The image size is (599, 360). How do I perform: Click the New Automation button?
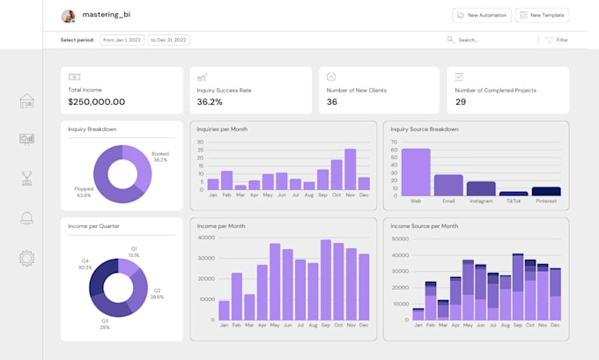[x=481, y=15]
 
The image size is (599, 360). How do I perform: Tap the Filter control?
[x=556, y=40]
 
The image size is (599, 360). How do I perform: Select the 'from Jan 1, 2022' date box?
[x=122, y=40]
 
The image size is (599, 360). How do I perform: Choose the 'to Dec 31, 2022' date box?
[x=169, y=40]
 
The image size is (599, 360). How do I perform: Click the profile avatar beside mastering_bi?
[x=68, y=16]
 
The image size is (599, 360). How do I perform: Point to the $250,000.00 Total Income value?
[x=96, y=102]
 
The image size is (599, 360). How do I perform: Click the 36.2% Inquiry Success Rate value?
[x=210, y=102]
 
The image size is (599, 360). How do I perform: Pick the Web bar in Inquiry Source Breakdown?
[x=416, y=172]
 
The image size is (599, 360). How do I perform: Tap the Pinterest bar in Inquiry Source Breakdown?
[x=546, y=191]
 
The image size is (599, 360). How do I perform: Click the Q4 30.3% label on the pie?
[x=85, y=264]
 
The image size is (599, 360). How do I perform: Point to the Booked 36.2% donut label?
[x=159, y=157]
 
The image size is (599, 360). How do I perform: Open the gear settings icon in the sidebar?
[x=26, y=258]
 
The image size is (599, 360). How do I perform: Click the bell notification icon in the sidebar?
[x=26, y=218]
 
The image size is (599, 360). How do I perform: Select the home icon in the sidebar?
[x=26, y=101]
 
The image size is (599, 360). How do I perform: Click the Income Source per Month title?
[x=424, y=226]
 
